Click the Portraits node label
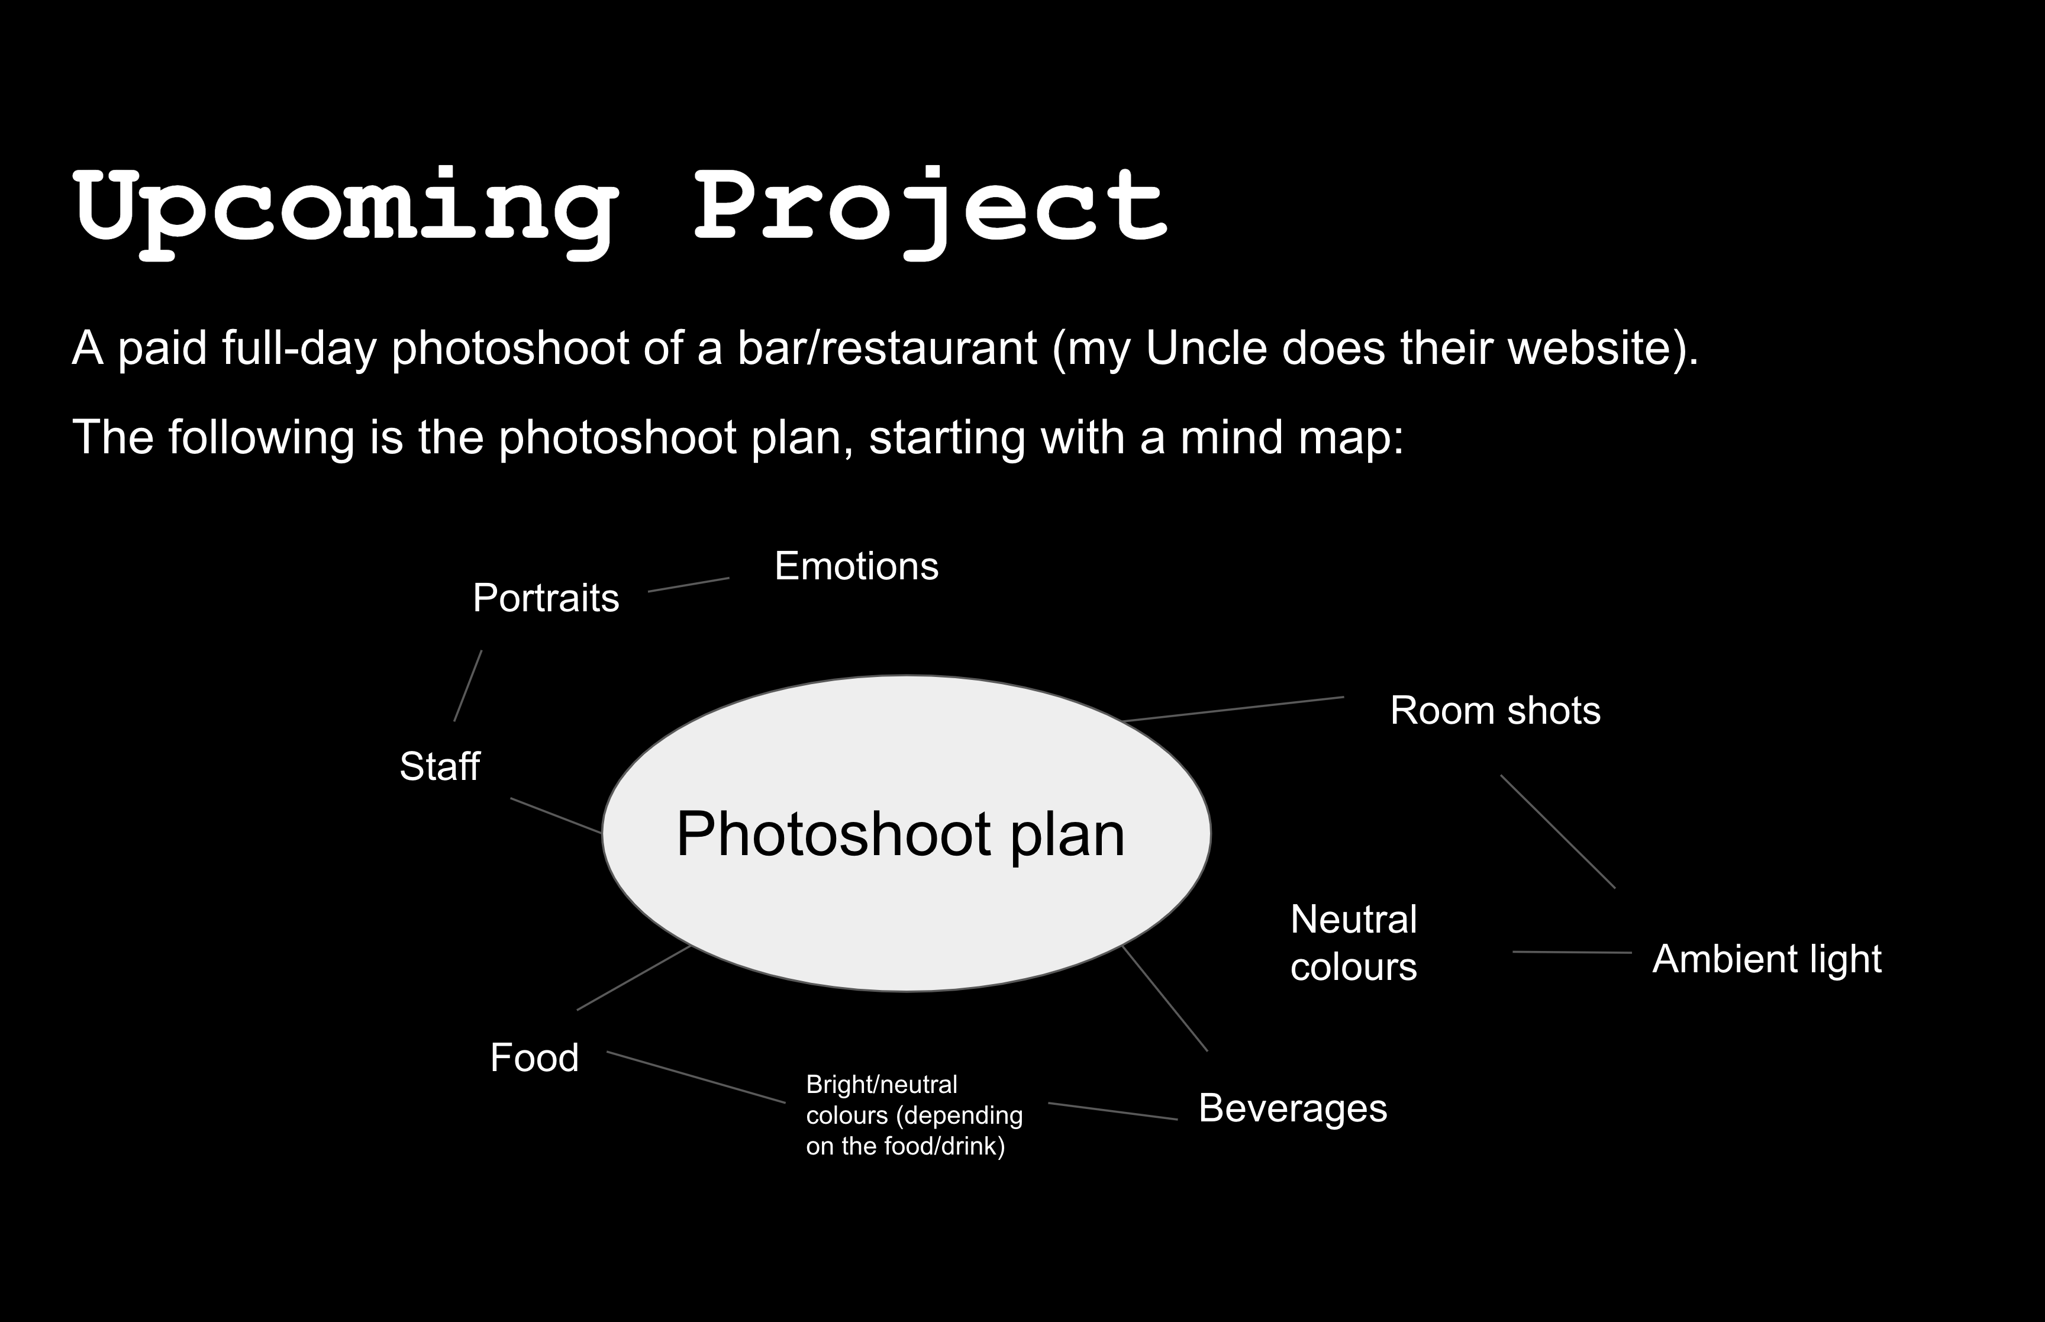pyautogui.click(x=546, y=598)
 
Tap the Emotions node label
pyautogui.click(x=856, y=566)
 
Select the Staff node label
pyautogui.click(x=440, y=766)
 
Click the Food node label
pyautogui.click(x=534, y=1057)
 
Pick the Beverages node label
pyautogui.click(x=1292, y=1108)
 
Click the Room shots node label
pyautogui.click(x=1495, y=711)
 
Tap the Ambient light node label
pyautogui.click(x=1767, y=959)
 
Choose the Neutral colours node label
pyautogui.click(x=1353, y=943)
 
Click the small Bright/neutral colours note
pyautogui.click(x=914, y=1115)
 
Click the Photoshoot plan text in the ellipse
pyautogui.click(x=900, y=834)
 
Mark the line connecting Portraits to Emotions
pyautogui.click(x=688, y=585)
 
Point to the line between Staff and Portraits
pyautogui.click(x=467, y=686)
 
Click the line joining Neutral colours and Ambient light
pyautogui.click(x=1572, y=952)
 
